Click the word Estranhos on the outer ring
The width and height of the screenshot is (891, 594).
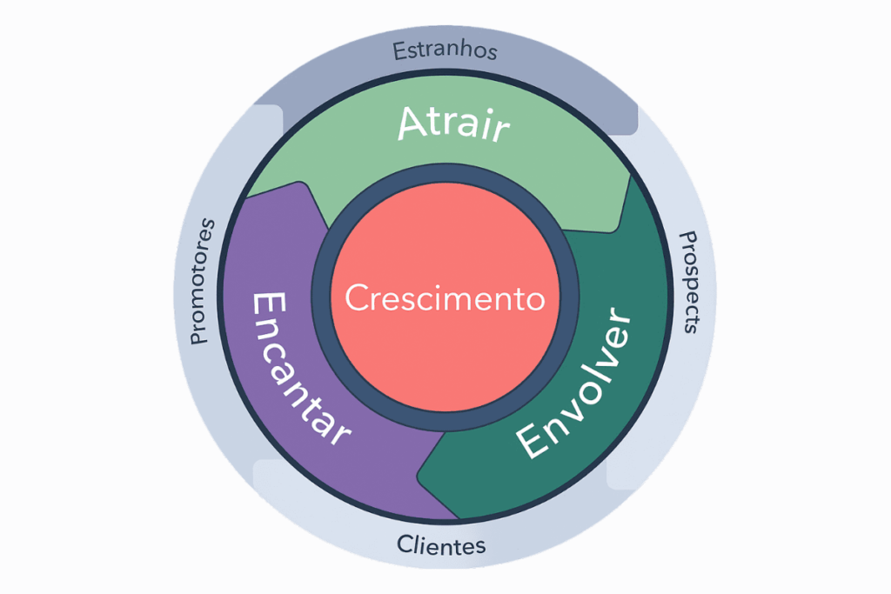click(445, 50)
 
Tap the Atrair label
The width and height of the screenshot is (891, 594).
click(453, 123)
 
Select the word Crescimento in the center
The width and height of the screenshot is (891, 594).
click(445, 297)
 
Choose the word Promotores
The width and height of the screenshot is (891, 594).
click(202, 282)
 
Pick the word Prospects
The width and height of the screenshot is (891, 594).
click(689, 282)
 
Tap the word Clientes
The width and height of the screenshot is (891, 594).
click(441, 545)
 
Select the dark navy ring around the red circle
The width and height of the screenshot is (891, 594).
click(445, 173)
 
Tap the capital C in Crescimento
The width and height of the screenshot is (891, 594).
click(358, 297)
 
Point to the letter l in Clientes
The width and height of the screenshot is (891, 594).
click(417, 544)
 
